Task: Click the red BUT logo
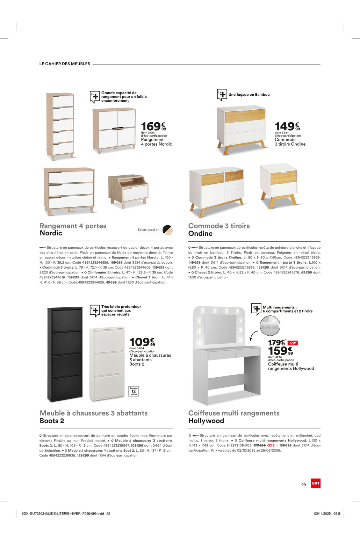pyautogui.click(x=316, y=483)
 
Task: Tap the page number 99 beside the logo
pyautogui.click(x=303, y=485)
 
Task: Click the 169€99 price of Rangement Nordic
pyautogui.click(x=153, y=126)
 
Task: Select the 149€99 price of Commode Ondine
pyautogui.click(x=287, y=126)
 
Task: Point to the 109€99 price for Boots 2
pyautogui.click(x=142, y=342)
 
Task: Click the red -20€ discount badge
pyautogui.click(x=292, y=343)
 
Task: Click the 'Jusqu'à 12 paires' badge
pyautogui.click(x=134, y=391)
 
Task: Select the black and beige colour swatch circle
pyautogui.click(x=167, y=230)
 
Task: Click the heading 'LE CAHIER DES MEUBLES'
pyautogui.click(x=65, y=64)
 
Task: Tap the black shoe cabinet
pyautogui.click(x=65, y=354)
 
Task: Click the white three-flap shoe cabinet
pyautogui.click(x=107, y=363)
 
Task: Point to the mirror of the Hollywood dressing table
pyautogui.click(x=220, y=328)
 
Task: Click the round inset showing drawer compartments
pyautogui.click(x=270, y=325)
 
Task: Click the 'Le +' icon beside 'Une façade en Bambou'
pyautogui.click(x=222, y=95)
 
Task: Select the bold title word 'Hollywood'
pyautogui.click(x=206, y=421)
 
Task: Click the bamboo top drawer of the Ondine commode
pyautogui.click(x=245, y=116)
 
